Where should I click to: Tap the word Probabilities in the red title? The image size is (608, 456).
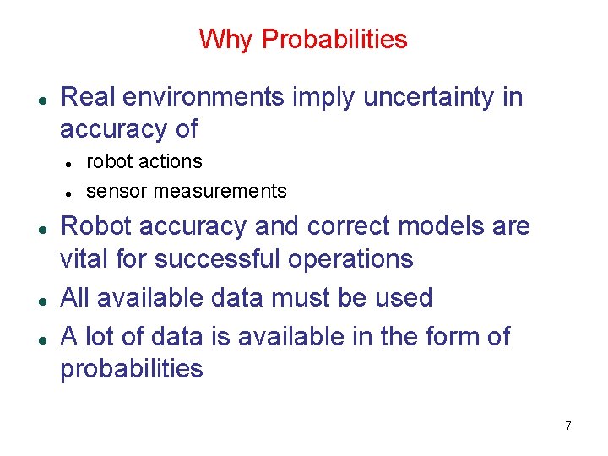click(334, 39)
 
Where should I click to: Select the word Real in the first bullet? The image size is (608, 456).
click(90, 97)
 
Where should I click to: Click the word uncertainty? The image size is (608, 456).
click(430, 97)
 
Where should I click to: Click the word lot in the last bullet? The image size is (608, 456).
click(104, 336)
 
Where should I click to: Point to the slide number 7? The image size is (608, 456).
click(568, 426)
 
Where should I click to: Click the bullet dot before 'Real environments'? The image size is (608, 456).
click(41, 98)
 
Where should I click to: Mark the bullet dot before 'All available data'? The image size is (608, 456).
click(41, 299)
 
